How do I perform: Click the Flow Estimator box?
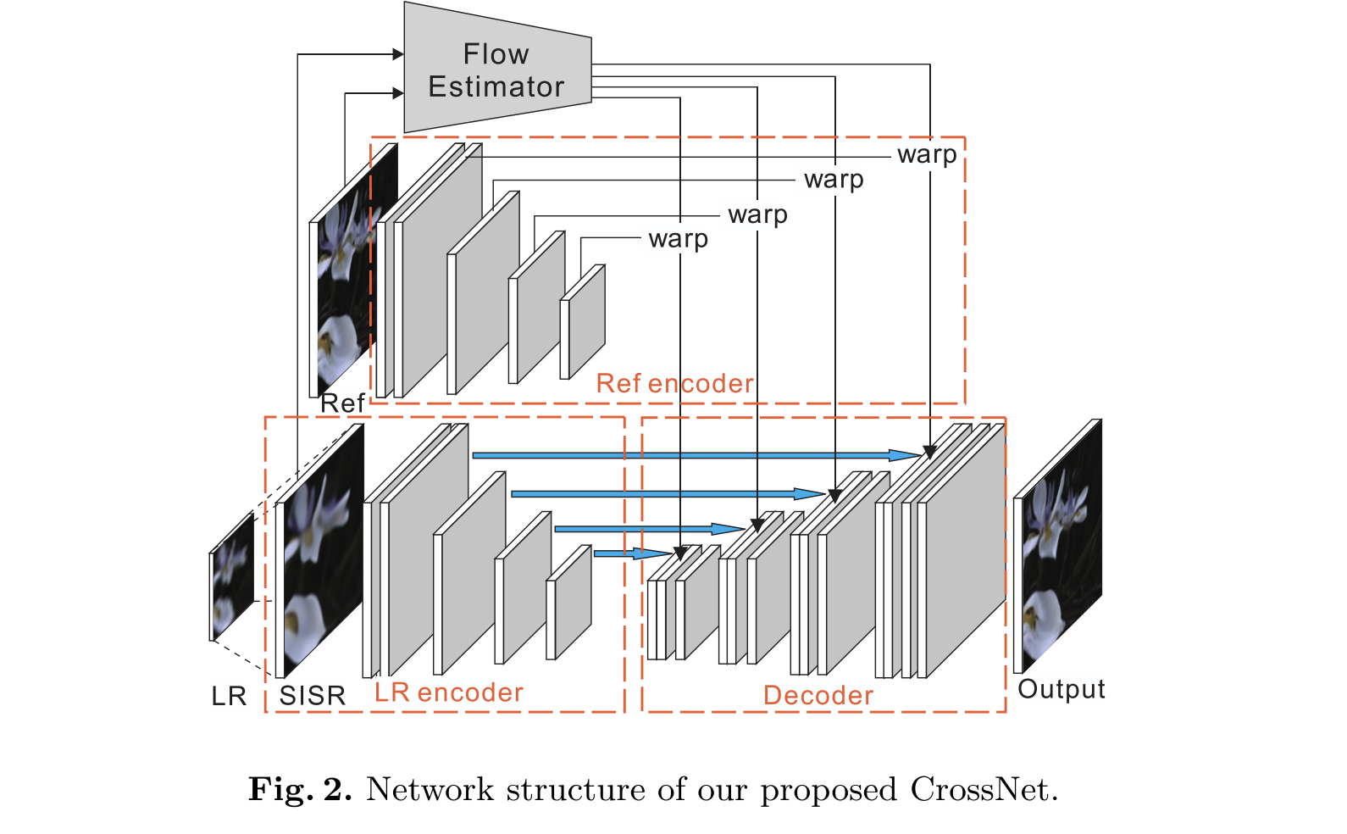tap(496, 69)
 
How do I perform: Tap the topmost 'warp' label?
tap(927, 155)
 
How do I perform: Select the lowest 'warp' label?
tap(678, 239)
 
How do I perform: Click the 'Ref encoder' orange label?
tap(674, 384)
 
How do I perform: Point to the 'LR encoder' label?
tap(449, 693)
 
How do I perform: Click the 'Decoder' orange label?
tap(818, 696)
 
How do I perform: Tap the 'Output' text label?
tap(1061, 689)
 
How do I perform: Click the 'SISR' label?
tap(313, 696)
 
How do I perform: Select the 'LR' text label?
tap(229, 697)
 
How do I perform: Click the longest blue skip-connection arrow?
tap(695, 456)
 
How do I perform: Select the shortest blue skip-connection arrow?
tap(631, 553)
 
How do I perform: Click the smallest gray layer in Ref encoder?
tap(586, 322)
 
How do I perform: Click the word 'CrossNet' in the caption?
tap(983, 790)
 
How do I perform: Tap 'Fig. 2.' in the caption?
tap(300, 790)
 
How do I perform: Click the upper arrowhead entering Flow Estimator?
tap(398, 54)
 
